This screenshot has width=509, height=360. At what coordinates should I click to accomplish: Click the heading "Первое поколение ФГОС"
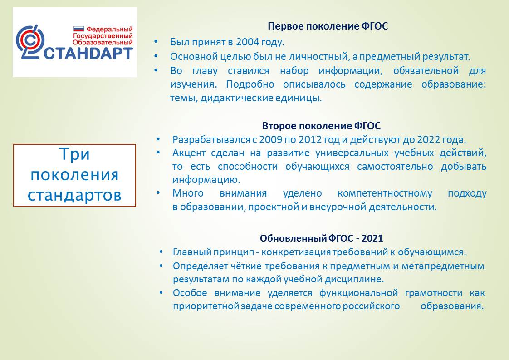point(328,26)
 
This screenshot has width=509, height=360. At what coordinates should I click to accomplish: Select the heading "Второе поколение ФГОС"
point(321,126)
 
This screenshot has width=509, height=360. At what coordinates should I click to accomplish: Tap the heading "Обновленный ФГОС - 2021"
point(321,238)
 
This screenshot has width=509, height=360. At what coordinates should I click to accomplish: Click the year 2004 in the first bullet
point(247,42)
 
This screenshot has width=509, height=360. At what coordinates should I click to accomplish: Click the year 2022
point(429,140)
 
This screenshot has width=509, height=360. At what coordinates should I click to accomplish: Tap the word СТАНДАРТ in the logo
point(88,54)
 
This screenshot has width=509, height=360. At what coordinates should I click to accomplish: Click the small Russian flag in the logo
point(78,29)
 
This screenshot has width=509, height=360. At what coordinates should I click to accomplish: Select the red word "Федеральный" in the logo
point(109,29)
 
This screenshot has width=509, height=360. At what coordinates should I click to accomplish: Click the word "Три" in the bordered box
point(74,154)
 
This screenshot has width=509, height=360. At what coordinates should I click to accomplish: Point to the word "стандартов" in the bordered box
point(74,195)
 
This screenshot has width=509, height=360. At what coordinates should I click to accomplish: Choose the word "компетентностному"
point(385,194)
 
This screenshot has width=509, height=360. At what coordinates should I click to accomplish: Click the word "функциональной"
point(359,293)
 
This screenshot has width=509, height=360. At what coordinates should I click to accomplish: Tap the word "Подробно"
point(250,84)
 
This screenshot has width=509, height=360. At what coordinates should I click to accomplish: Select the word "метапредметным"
point(443,266)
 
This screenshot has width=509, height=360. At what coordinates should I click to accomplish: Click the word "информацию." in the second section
point(206,180)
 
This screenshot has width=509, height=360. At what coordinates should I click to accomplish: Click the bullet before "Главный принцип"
point(162,252)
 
